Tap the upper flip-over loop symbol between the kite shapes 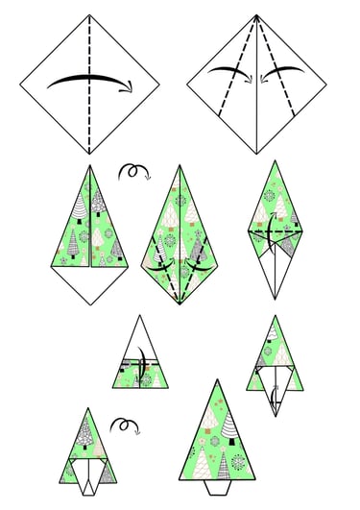click(x=133, y=172)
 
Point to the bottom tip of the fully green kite click(x=179, y=304)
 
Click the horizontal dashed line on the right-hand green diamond click(x=275, y=232)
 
